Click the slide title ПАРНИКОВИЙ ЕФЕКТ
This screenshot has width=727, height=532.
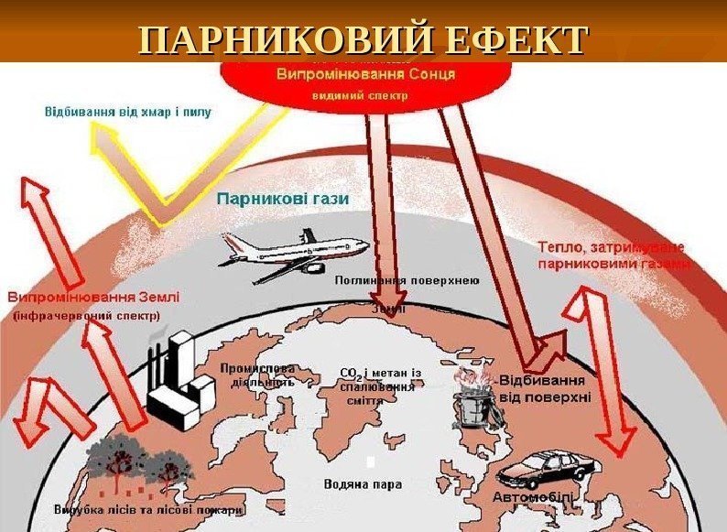coord(363,40)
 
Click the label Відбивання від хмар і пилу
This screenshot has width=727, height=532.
coord(128,114)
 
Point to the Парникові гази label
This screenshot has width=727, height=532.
coord(284,198)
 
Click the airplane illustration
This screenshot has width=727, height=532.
coord(293,252)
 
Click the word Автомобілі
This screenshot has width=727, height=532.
coord(533,496)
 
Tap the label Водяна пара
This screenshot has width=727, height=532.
coord(363,483)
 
